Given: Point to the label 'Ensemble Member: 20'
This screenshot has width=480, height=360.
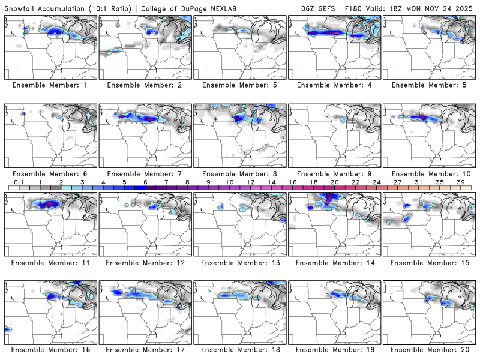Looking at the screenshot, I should point(430,349).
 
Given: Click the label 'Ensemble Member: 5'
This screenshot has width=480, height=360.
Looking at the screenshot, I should point(430,85).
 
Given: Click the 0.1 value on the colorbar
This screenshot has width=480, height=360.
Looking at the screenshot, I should point(19,182).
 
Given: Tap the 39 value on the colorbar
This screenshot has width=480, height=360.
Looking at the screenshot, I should point(461,182).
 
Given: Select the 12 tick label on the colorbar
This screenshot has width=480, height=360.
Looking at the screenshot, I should point(250,182).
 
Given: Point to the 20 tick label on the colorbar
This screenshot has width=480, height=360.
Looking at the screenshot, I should point(334,182).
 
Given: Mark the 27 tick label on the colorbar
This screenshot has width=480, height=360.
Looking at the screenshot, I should point(397,182).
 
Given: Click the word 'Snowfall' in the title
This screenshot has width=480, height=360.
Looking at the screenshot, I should point(22,9).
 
